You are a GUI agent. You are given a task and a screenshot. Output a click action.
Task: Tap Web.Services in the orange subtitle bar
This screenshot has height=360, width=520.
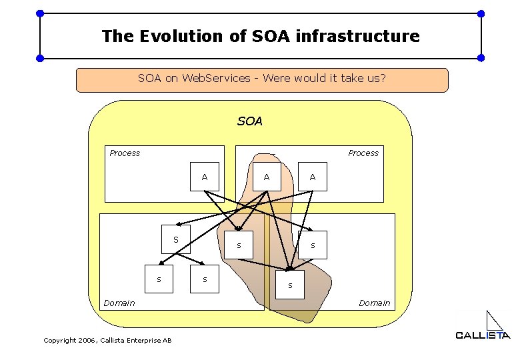pos(211,79)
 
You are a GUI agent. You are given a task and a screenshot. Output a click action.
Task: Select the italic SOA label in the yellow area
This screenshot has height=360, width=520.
pos(250,121)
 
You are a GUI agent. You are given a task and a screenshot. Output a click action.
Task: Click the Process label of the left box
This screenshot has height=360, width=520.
pos(125,153)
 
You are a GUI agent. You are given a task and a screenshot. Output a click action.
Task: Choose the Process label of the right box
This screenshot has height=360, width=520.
pos(363,153)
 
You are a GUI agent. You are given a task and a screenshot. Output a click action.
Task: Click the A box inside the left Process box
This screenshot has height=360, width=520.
pos(205,177)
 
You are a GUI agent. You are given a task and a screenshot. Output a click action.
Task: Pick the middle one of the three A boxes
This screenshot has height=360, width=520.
pos(267,177)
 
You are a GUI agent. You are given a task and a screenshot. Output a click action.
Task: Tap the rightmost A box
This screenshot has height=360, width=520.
pos(313,177)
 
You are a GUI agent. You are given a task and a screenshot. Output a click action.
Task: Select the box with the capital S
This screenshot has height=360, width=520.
pos(177,239)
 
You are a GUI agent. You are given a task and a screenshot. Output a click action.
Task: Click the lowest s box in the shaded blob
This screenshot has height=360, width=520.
pos(290,285)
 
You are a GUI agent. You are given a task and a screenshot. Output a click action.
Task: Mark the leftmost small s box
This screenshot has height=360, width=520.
pos(159,279)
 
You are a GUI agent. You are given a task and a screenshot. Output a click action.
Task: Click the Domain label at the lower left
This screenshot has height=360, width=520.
pos(119,303)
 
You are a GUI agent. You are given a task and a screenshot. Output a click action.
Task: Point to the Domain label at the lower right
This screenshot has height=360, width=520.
pos(375,303)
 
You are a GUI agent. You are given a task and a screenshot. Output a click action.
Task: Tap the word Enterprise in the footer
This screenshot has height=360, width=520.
pos(140,341)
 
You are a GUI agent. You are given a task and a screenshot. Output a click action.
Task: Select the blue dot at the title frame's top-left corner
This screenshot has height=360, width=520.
pos(40,13)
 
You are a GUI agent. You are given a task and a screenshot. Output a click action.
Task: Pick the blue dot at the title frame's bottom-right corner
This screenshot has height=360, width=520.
pos(481,59)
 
